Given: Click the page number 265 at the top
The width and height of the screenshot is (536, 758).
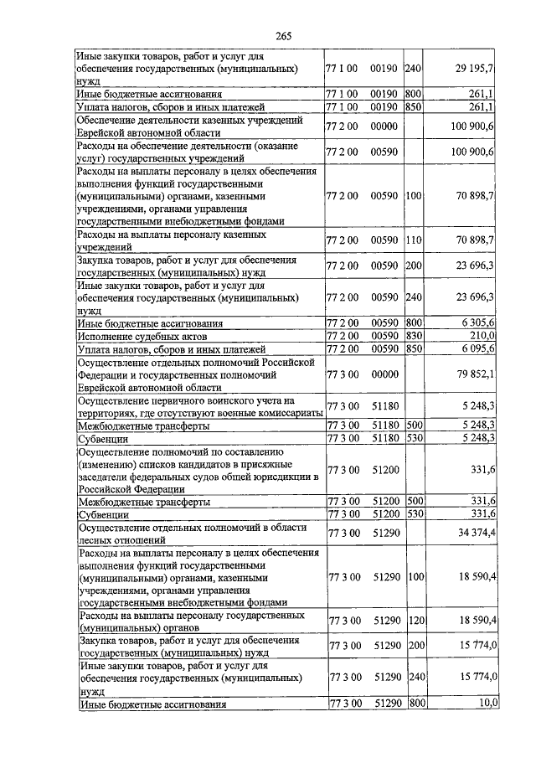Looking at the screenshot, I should click(282, 34).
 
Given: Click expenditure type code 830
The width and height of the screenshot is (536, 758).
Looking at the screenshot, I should click(412, 335).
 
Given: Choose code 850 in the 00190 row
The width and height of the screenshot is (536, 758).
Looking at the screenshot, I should click(412, 107).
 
